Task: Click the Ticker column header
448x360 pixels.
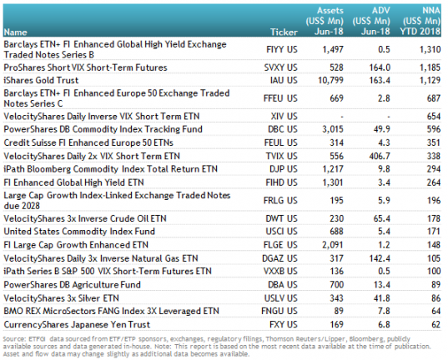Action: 284,32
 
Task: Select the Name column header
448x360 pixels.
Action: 15,32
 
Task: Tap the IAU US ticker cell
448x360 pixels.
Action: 284,80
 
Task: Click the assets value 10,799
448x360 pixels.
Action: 330,80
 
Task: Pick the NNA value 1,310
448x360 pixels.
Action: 430,49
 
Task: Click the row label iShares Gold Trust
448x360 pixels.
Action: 41,80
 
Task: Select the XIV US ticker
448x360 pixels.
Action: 284,116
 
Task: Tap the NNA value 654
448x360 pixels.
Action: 434,116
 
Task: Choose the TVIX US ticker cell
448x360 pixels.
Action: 281,156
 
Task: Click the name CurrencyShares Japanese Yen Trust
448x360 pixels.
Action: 77,325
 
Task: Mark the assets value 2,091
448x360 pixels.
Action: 333,245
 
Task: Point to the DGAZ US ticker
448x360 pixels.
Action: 279,258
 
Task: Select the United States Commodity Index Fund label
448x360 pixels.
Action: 79,231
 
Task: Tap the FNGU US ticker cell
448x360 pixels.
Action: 279,311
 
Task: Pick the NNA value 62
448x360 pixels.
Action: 436,325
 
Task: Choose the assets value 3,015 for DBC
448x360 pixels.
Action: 333,129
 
